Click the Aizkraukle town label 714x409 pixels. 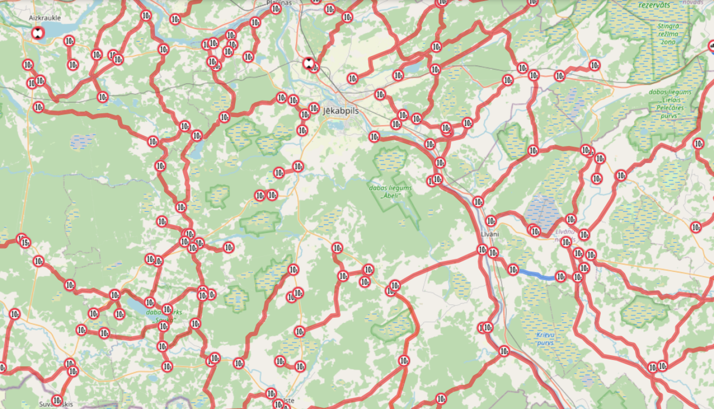click(45, 18)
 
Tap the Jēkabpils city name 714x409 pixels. click(341, 111)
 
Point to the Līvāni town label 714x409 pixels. click(490, 234)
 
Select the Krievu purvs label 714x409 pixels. click(545, 339)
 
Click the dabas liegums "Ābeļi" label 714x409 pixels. click(390, 191)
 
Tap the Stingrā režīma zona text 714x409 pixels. click(668, 34)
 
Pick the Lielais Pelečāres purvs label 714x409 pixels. click(670, 104)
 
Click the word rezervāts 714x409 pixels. click(654, 5)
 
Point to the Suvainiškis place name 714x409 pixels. click(56, 405)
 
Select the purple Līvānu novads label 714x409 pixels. click(565, 235)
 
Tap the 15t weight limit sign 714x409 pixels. click(25, 243)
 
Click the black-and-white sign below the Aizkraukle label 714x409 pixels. click(38, 33)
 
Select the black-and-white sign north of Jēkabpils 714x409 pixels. click(308, 63)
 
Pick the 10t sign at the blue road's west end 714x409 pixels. click(513, 270)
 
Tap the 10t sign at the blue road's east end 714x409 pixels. click(561, 276)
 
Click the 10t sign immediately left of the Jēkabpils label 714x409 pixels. click(314, 108)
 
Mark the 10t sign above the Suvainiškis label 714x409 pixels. click(57, 400)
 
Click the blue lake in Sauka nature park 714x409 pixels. click(136, 307)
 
